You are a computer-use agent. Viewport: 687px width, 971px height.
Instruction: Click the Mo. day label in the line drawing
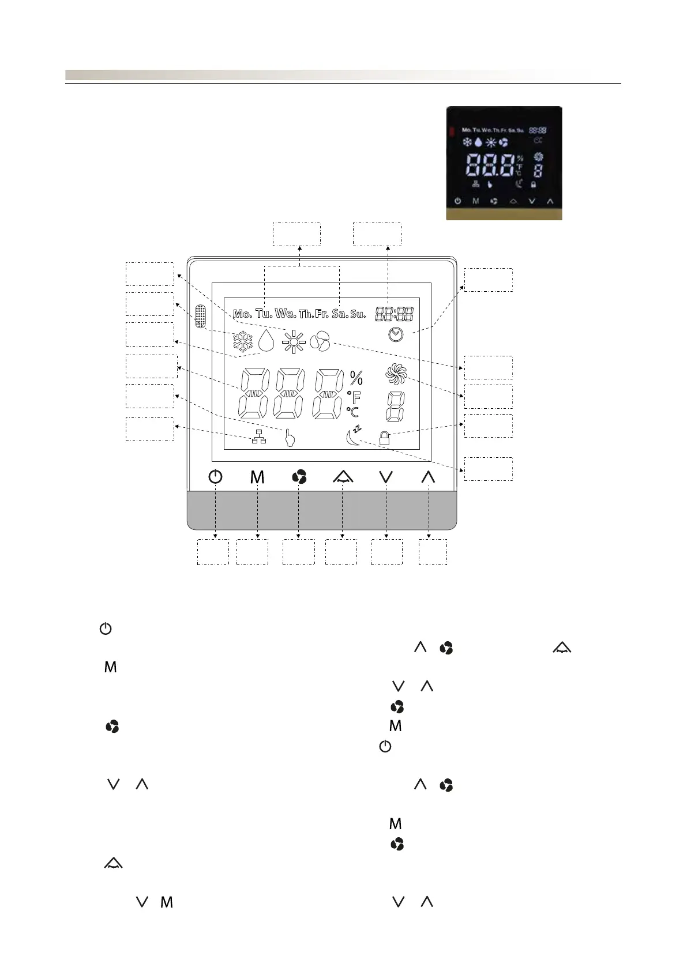point(242,314)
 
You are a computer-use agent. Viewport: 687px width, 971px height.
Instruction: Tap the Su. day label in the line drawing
point(358,314)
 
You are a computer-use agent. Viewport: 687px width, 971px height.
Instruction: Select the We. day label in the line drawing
point(286,314)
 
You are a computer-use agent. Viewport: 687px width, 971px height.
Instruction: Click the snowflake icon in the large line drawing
point(243,342)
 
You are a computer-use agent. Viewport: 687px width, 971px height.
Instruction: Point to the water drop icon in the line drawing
point(266,341)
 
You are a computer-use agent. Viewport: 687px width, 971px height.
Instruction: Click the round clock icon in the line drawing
point(396,334)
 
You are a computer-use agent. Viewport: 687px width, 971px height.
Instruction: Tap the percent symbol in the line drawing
point(356,378)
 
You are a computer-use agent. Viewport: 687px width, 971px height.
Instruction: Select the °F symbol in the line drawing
point(354,397)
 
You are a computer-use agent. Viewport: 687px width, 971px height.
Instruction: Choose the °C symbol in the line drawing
point(353,412)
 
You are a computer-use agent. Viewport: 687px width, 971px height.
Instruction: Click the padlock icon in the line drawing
point(384,439)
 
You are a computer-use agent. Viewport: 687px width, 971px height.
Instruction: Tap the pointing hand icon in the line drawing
point(290,438)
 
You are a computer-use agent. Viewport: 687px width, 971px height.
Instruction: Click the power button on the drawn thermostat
point(215,477)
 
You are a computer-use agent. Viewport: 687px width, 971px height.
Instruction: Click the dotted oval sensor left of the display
point(200,317)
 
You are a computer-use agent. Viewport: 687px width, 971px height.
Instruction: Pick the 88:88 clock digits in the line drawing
point(394,314)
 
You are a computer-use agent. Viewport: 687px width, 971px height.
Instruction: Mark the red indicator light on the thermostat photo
point(451,131)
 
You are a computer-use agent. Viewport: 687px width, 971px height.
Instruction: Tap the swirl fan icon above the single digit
point(396,374)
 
